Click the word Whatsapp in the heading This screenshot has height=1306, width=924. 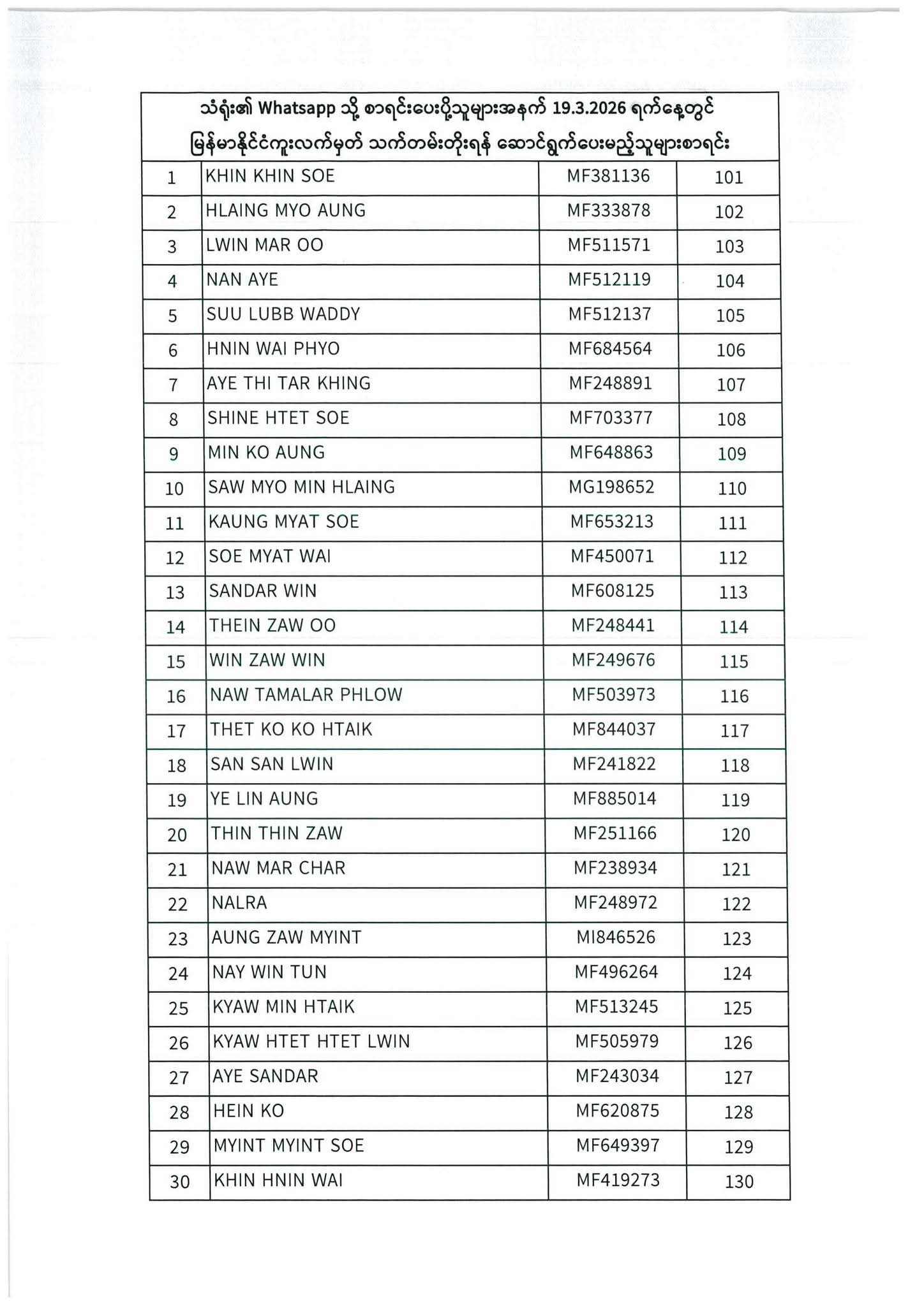pyautogui.click(x=297, y=109)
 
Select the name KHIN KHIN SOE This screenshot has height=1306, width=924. pyautogui.click(x=270, y=176)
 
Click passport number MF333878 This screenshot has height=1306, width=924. pyautogui.click(x=609, y=210)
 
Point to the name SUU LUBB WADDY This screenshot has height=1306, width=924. pyautogui.click(x=283, y=314)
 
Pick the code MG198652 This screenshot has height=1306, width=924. pyautogui.click(x=611, y=488)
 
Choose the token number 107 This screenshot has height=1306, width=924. pyautogui.click(x=731, y=385)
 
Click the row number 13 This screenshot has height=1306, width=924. pyautogui.click(x=175, y=592)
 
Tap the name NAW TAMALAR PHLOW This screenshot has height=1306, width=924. pyautogui.click(x=306, y=695)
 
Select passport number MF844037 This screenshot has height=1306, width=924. pyautogui.click(x=614, y=729)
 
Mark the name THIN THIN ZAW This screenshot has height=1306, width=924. pyautogui.click(x=277, y=833)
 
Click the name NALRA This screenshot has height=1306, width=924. pyautogui.click(x=239, y=903)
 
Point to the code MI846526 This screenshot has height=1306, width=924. pyautogui.click(x=616, y=937)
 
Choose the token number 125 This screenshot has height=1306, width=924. pyautogui.click(x=737, y=1008)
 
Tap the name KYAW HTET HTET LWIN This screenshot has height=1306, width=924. pyautogui.click(x=311, y=1041)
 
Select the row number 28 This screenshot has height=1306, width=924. pyautogui.click(x=179, y=1113)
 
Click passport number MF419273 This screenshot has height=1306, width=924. pyautogui.click(x=618, y=1180)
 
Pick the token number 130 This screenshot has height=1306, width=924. pyautogui.click(x=739, y=1182)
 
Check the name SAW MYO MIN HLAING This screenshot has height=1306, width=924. pyautogui.click(x=302, y=488)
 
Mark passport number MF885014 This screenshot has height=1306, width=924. pyautogui.click(x=615, y=798)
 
